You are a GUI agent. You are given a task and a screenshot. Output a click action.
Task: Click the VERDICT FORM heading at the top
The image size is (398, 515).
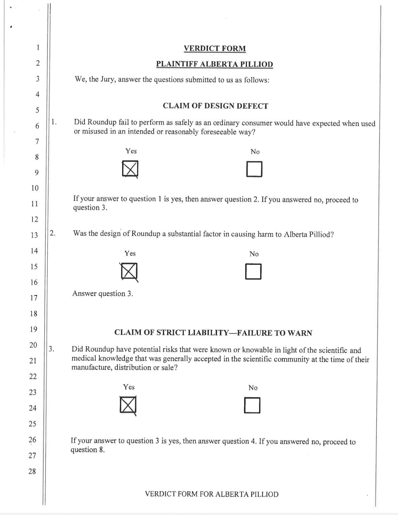point(215,49)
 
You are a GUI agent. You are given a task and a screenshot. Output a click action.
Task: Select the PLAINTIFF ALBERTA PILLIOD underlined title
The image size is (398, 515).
point(214,64)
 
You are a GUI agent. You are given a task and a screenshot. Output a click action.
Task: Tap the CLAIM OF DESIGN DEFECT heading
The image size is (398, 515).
point(215,106)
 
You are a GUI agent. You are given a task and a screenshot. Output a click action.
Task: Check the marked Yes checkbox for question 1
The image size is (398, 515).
point(130,169)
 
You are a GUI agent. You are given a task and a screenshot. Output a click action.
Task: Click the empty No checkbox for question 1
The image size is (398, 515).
point(254,169)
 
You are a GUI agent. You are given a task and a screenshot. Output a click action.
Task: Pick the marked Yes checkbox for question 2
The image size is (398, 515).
point(129,272)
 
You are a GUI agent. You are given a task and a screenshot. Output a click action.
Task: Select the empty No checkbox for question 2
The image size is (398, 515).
point(253,272)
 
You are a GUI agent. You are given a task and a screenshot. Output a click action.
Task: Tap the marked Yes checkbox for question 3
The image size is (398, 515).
point(128,405)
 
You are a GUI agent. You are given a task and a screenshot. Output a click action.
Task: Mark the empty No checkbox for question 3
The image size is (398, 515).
point(252,405)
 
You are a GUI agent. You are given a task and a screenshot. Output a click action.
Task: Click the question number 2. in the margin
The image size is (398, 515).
point(52,233)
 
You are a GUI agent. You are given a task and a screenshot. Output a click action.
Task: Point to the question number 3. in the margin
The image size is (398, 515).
point(51,349)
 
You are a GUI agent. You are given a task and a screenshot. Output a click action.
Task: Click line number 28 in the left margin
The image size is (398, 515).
point(32,471)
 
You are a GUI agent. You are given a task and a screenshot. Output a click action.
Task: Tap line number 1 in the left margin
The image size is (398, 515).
point(38,47)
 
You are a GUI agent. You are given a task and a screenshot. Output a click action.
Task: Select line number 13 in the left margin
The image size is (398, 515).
point(34,235)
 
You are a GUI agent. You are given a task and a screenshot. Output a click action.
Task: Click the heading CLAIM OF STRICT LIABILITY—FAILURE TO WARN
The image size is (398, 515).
point(213,333)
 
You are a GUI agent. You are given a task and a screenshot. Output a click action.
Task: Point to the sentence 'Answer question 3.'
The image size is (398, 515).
point(103,293)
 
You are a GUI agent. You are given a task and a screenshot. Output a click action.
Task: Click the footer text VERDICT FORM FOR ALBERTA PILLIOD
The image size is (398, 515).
point(212,494)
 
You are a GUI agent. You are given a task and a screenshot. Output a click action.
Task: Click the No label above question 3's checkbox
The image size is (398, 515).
point(253,388)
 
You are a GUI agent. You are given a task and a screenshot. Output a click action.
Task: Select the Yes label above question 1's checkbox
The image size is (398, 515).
point(131,151)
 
